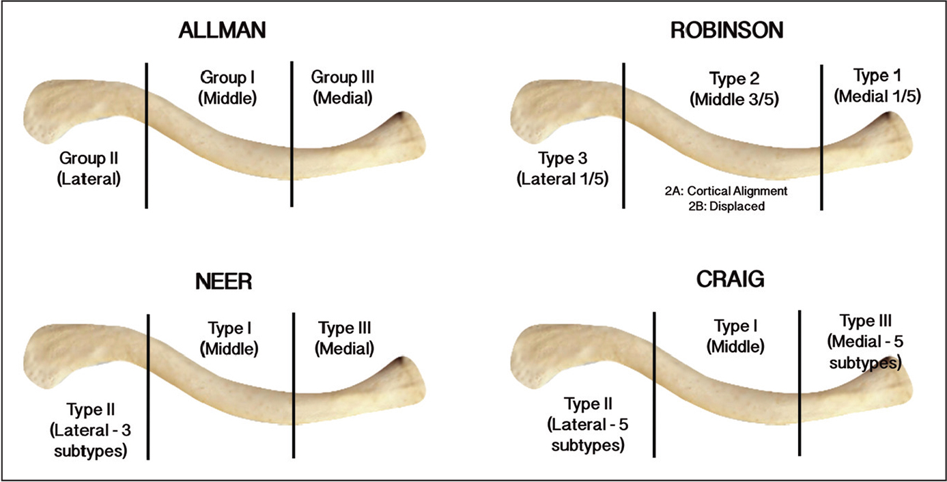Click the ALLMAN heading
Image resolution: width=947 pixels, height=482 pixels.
218,31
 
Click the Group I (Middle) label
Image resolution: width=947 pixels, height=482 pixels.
227,87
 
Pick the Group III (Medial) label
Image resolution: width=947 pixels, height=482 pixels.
343,87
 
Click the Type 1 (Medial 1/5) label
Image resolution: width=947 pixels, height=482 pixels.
877,86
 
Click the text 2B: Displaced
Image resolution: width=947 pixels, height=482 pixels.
727,206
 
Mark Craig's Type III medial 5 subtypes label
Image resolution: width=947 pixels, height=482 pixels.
866,341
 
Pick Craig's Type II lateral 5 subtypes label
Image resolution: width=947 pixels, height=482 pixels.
586,425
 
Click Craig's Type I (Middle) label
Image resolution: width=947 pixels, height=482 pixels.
735,336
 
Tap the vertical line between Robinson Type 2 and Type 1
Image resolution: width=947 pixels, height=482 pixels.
821,137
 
